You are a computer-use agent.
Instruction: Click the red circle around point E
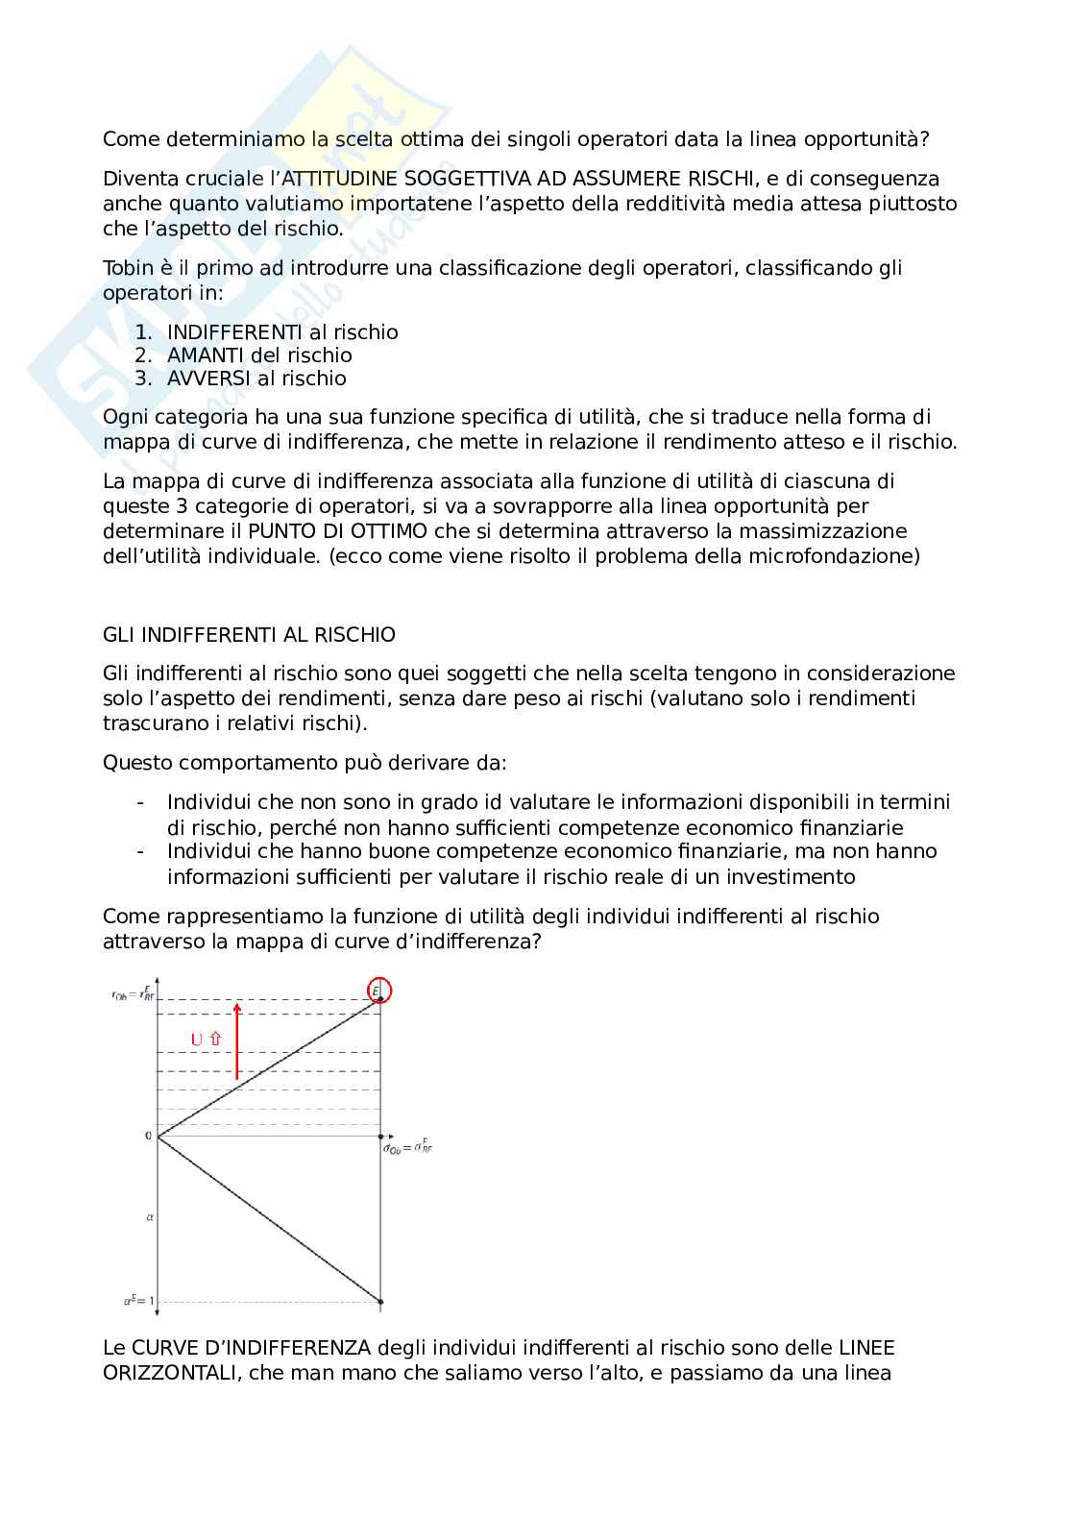(379, 991)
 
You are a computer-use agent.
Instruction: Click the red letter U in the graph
(197, 1040)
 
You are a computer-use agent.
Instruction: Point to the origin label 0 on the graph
(148, 1136)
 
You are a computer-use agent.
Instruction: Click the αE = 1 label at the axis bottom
(139, 1301)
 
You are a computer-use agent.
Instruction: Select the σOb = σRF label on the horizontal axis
(407, 1148)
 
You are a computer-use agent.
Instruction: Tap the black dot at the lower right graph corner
(381, 1302)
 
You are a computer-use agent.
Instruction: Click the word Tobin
(130, 268)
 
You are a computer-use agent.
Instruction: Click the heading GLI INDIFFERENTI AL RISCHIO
(249, 635)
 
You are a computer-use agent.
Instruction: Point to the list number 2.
(142, 355)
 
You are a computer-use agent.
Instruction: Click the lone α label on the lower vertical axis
(150, 1216)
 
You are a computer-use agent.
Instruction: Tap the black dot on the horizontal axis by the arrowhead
(381, 1137)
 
